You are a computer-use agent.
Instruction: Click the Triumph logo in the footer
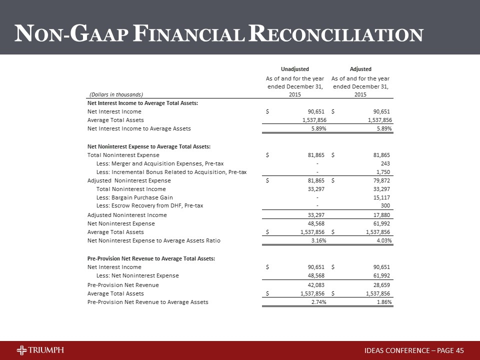[40, 349]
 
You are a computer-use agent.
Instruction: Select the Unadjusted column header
[295, 69]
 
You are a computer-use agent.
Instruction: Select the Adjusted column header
[361, 69]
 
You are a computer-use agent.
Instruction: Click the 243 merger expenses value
[385, 163]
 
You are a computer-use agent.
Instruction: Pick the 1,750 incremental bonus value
[382, 172]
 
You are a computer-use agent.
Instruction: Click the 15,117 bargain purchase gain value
[381, 197]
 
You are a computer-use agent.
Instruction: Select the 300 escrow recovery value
[385, 206]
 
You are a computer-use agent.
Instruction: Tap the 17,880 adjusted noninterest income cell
[381, 215]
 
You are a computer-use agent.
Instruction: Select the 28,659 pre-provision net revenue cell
[381, 285]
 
